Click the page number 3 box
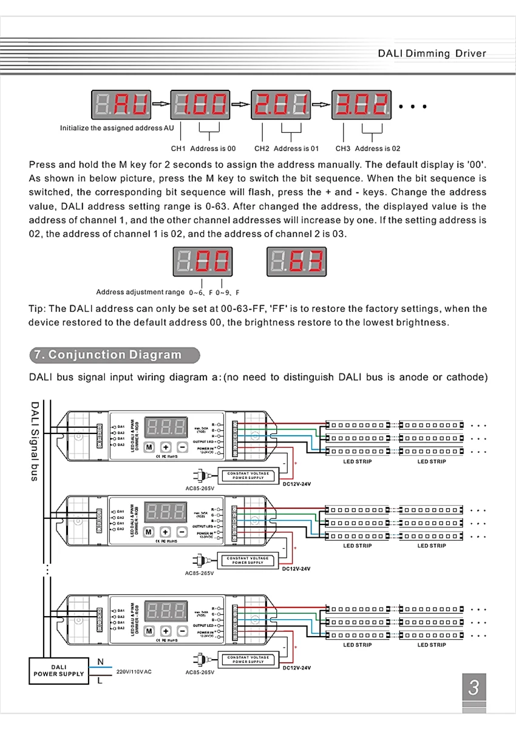click(x=474, y=689)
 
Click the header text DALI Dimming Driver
click(x=432, y=53)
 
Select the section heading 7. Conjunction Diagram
click(x=114, y=354)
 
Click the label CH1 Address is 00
click(x=203, y=148)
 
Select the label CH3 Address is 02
click(x=368, y=148)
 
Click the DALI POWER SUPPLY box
click(x=59, y=670)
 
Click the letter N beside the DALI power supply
click(x=100, y=661)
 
